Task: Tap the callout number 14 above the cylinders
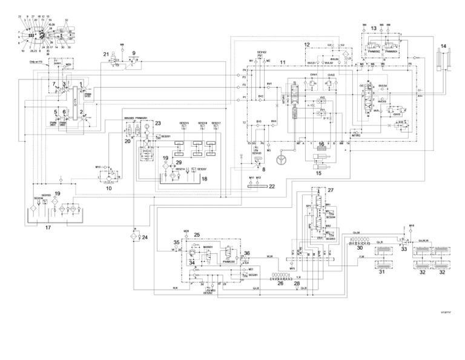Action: click(x=443, y=46)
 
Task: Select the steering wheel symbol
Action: click(x=280, y=162)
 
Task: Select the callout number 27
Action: click(x=331, y=190)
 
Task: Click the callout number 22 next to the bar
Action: click(x=272, y=186)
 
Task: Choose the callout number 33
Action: click(x=404, y=249)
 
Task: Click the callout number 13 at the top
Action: click(x=374, y=28)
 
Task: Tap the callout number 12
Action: click(x=307, y=45)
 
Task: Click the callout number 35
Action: click(x=177, y=243)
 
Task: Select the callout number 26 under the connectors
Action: click(x=280, y=283)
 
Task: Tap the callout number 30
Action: click(x=360, y=247)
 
